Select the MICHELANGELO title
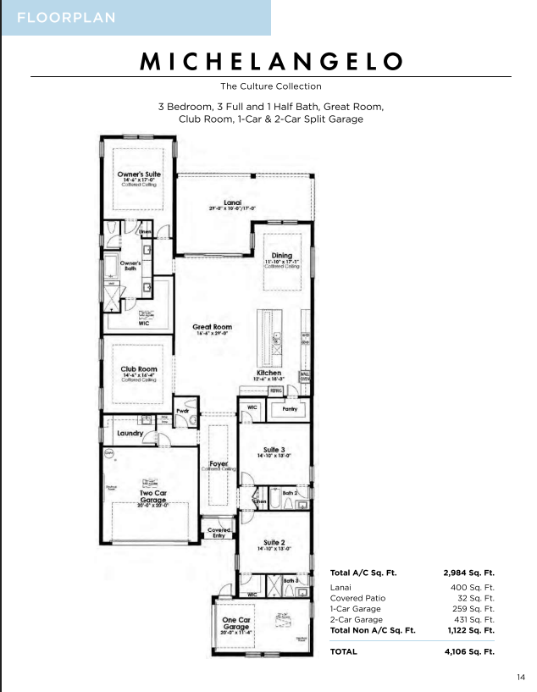pos(271,61)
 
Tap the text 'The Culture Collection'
pos(271,86)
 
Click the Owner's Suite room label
pos(139,174)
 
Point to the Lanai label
pos(233,202)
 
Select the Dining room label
pos(281,256)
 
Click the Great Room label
pos(212,327)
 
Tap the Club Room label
pos(139,369)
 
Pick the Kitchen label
pos(269,373)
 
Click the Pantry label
pos(290,407)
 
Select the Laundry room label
pos(130,433)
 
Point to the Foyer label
pos(218,463)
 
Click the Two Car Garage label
pos(153,495)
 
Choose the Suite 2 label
pos(274,542)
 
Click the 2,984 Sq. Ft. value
pos(468,573)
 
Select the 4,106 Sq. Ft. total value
pos(468,651)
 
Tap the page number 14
pos(520,676)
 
